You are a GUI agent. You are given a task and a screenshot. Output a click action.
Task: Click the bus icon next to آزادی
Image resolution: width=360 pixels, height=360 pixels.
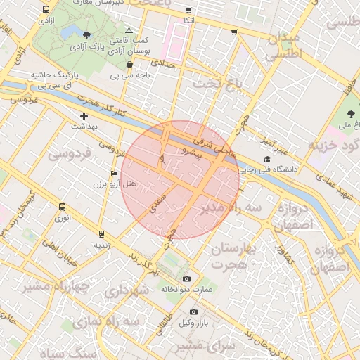point(46,10)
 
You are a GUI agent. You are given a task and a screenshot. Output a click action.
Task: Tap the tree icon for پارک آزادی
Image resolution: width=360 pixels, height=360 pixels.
point(86,34)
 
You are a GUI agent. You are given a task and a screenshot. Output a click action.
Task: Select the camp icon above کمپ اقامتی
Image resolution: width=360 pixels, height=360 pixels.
point(128,30)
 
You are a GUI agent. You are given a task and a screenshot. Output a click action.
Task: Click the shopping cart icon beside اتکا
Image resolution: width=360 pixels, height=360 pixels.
point(188,11)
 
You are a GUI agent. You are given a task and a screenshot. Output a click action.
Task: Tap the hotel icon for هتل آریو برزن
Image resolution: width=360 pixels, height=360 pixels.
point(115,173)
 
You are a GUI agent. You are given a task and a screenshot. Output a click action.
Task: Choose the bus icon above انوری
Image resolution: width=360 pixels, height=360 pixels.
point(63,207)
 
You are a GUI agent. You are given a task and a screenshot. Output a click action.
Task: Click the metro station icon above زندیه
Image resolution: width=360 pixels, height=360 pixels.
point(102,234)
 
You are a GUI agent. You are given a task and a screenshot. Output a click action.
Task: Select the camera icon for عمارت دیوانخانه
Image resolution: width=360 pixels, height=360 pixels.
point(186,279)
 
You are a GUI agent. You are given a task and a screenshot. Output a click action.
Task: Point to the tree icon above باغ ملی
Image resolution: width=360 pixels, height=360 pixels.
point(351,114)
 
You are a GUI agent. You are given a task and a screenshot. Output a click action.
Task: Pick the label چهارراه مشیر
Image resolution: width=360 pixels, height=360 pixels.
point(54,286)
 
